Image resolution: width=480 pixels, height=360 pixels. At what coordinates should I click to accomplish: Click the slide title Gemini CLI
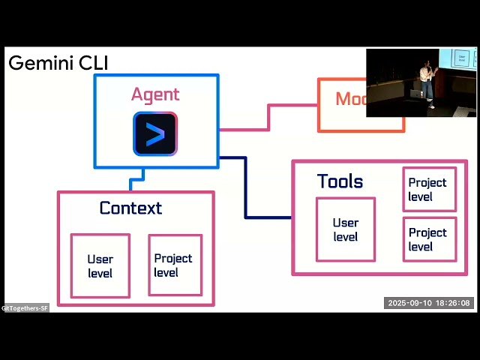[x=58, y=63]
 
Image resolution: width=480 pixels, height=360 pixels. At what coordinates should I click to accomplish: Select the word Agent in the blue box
[x=155, y=94]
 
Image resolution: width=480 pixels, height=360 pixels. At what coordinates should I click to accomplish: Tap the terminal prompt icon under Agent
[x=155, y=134]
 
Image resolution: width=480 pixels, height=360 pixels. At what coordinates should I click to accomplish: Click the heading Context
[x=130, y=208]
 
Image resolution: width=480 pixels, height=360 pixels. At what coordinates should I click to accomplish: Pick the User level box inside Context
[x=100, y=265]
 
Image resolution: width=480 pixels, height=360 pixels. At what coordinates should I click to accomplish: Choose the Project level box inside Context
[x=174, y=265]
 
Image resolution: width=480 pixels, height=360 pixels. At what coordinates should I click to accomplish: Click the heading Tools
[x=340, y=181]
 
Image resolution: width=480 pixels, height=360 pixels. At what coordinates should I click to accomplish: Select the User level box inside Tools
[x=345, y=229]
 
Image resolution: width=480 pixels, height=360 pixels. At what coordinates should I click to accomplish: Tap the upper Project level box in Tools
[x=429, y=189]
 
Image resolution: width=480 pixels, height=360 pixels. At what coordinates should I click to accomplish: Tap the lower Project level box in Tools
[x=429, y=239]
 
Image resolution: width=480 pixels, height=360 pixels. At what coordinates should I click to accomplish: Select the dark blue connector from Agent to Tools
[x=246, y=187]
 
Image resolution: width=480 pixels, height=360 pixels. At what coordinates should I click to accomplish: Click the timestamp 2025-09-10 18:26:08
[x=429, y=303]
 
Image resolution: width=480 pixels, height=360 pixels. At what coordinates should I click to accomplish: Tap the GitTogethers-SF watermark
[x=25, y=308]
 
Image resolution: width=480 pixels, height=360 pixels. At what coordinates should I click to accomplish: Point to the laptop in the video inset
[x=415, y=94]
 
